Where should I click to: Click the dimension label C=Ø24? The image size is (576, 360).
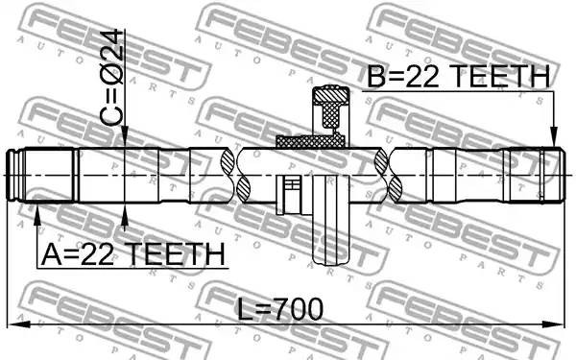coord(111,78)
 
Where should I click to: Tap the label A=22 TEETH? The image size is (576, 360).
coord(132,253)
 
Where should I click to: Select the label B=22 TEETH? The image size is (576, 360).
coord(459,76)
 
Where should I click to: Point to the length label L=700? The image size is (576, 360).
coord(280,309)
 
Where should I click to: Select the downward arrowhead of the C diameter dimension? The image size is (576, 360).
coord(125,136)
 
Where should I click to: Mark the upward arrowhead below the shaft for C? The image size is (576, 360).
coord(125,213)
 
